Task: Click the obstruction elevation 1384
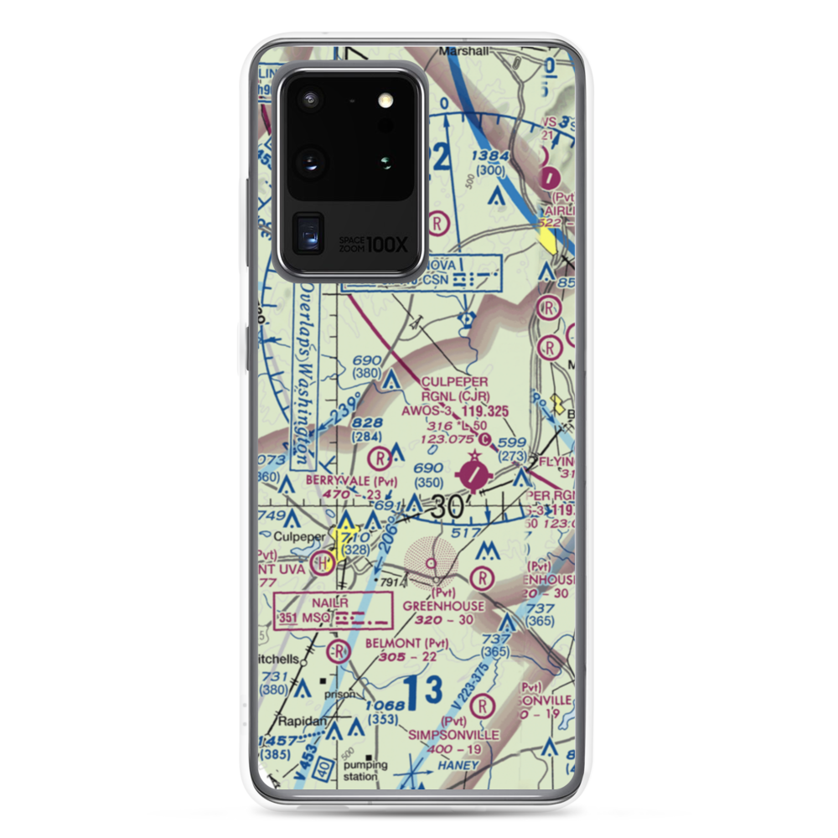pyautogui.click(x=489, y=156)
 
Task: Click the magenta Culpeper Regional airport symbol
pyautogui.click(x=473, y=475)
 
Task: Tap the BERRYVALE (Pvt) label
pyautogui.click(x=339, y=480)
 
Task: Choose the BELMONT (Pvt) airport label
pyautogui.click(x=407, y=643)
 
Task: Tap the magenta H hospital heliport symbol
pyautogui.click(x=320, y=564)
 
